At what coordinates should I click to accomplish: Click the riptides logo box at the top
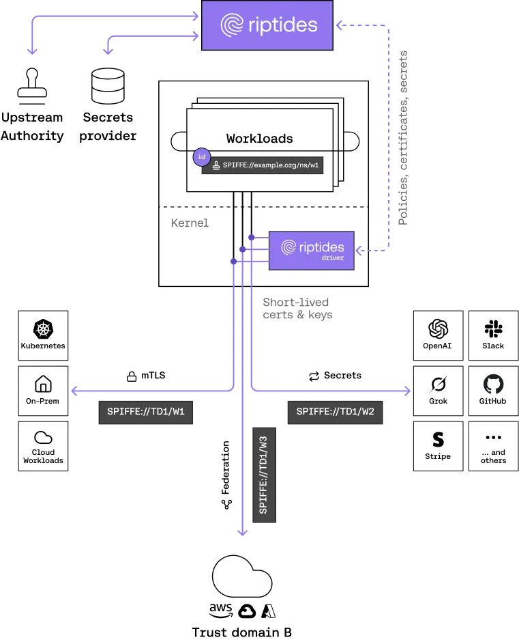pos(267,26)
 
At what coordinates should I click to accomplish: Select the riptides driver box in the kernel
pos(312,250)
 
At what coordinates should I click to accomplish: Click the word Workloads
pos(260,139)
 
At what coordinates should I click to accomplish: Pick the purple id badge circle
pos(201,157)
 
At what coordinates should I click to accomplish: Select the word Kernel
pos(190,223)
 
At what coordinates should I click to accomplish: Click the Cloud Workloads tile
pos(43,445)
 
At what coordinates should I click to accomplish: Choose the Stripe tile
pos(438,445)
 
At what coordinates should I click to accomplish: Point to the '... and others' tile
pos(493,445)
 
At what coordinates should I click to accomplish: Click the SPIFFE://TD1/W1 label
pos(147,413)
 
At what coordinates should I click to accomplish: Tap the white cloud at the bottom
pos(242,578)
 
